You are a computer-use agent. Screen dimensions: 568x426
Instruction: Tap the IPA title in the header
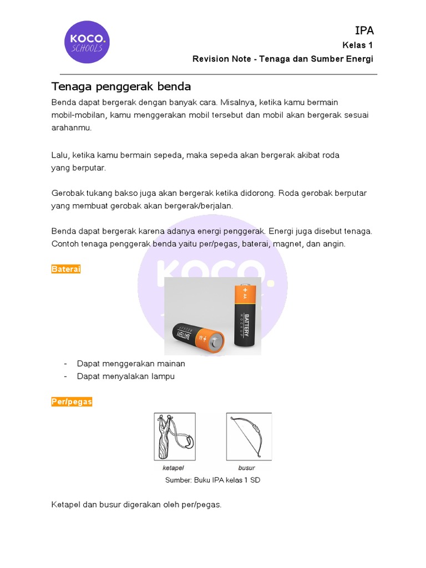[364, 31]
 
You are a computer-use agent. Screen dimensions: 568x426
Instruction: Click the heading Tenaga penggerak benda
[121, 87]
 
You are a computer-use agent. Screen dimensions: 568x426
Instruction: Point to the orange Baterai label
[66, 269]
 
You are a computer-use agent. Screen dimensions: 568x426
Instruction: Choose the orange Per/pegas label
[72, 402]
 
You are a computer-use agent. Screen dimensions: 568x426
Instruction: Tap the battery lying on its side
[197, 336]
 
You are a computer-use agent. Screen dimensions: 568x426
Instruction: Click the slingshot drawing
[174, 436]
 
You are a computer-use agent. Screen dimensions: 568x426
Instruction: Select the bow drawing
[248, 436]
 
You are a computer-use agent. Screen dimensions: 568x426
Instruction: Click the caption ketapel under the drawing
[173, 468]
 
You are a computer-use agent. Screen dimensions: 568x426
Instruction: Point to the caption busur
[246, 468]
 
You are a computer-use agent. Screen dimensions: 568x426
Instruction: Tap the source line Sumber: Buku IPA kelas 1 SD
[212, 480]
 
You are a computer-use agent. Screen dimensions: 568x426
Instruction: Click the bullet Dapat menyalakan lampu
[126, 376]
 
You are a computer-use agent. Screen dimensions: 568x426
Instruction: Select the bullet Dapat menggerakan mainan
[131, 364]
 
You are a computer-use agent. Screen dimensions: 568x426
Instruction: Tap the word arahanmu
[71, 128]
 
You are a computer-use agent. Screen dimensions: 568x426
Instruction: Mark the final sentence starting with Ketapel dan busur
[136, 505]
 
